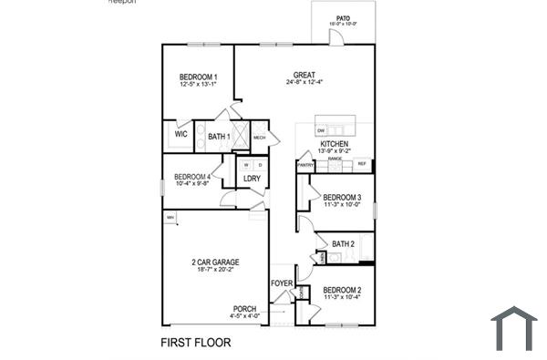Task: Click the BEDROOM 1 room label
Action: click(x=198, y=77)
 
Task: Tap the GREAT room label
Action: click(x=304, y=75)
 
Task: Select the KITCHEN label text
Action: click(x=335, y=144)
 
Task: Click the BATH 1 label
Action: click(x=219, y=137)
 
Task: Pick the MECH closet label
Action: click(x=259, y=138)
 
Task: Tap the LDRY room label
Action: click(x=253, y=179)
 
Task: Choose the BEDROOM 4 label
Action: click(x=192, y=177)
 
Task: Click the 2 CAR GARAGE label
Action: click(x=215, y=262)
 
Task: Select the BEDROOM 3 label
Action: click(x=343, y=198)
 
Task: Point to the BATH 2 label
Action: click(x=343, y=243)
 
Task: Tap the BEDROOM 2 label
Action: click(x=343, y=289)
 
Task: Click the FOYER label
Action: click(x=282, y=283)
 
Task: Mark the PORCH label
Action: click(x=244, y=309)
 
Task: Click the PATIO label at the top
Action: click(x=343, y=18)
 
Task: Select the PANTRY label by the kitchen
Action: click(x=306, y=165)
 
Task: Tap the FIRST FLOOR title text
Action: click(x=196, y=344)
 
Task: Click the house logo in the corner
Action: click(x=514, y=328)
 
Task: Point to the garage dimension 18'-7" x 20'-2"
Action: click(x=215, y=270)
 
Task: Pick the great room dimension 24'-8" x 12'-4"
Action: click(x=304, y=82)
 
